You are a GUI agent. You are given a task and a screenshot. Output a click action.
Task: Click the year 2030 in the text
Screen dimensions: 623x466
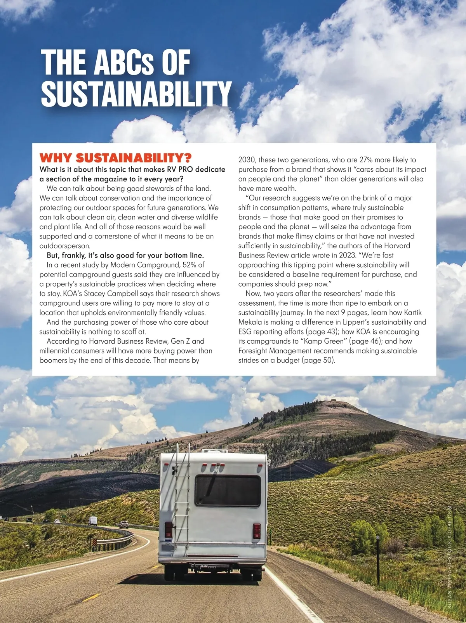coord(247,160)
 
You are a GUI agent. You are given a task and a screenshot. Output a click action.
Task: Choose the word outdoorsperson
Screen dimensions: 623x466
coord(65,246)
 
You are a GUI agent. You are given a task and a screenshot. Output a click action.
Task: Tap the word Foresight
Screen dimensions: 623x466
coord(253,351)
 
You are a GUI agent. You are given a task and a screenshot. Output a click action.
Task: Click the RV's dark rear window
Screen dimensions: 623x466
coord(228,491)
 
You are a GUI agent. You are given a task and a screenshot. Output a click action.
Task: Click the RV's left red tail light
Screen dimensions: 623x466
coord(169,529)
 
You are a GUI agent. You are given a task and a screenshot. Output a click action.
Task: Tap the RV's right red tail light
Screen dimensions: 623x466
coord(257,531)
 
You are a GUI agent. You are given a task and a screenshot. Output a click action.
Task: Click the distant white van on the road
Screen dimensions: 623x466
coord(93,520)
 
